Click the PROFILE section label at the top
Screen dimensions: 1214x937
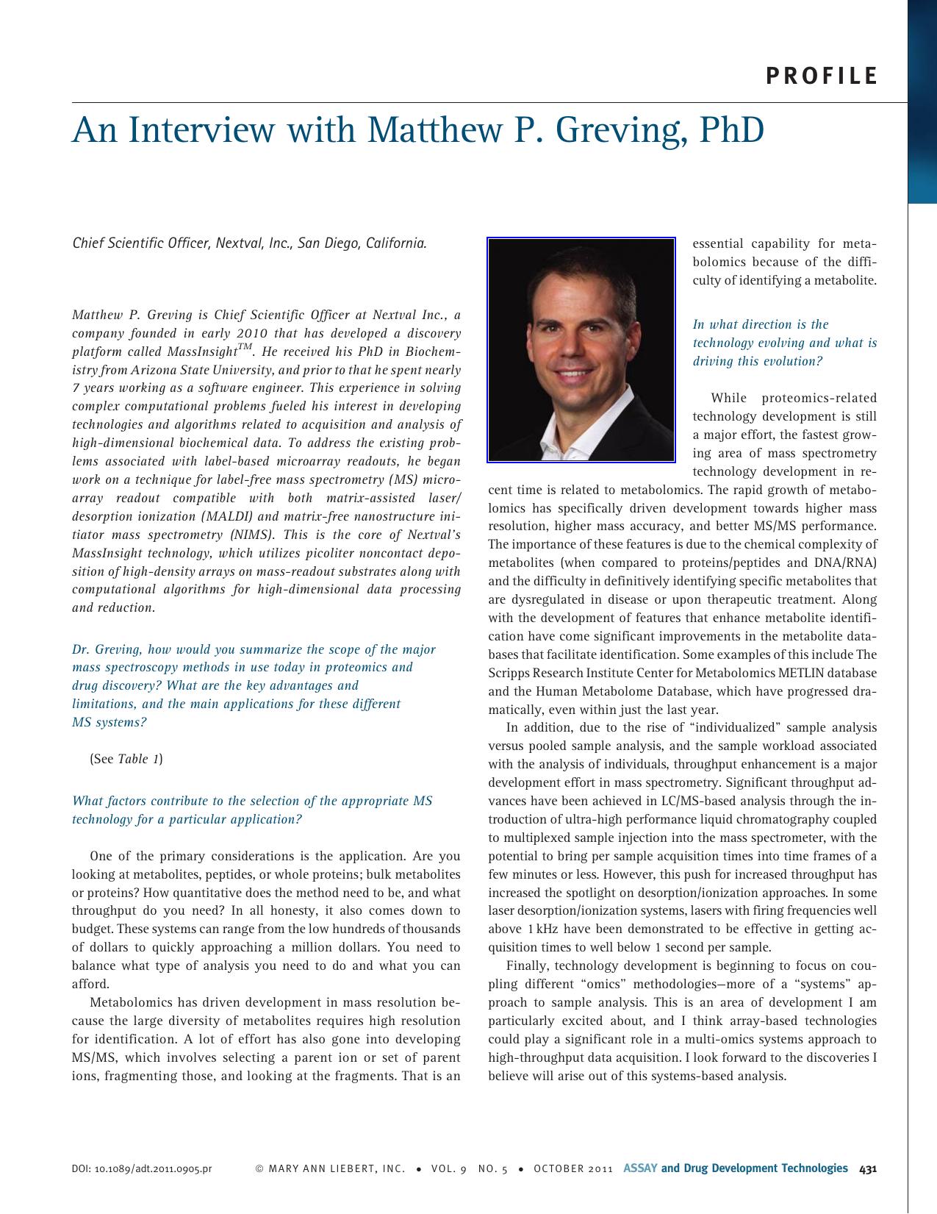tap(821, 76)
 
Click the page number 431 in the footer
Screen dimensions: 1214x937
tap(868, 1168)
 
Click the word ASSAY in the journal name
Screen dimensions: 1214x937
tap(640, 1168)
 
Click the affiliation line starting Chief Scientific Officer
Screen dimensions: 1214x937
tap(249, 243)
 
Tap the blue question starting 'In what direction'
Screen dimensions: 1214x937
tap(784, 343)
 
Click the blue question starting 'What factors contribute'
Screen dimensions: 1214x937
tap(252, 810)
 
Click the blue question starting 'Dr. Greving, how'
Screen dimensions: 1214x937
tap(253, 685)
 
